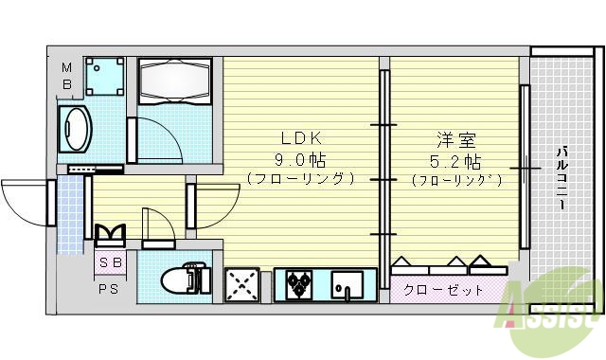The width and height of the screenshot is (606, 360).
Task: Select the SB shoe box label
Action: point(111,261)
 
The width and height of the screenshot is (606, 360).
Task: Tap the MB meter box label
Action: point(67,76)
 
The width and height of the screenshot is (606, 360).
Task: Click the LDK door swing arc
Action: point(216,204)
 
